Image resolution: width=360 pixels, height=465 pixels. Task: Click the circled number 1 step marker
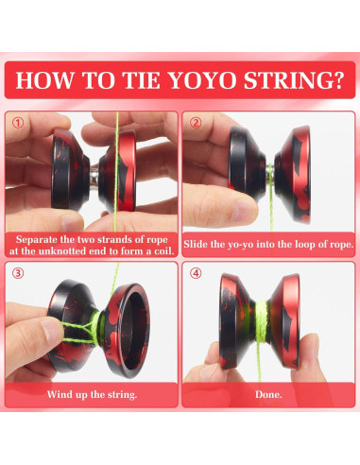click(20, 123)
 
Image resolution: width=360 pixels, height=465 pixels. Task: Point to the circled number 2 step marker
click(196, 123)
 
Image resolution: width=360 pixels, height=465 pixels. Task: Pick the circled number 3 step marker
click(20, 273)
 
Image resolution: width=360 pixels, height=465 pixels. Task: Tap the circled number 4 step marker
click(196, 273)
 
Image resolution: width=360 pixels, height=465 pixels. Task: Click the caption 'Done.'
click(269, 392)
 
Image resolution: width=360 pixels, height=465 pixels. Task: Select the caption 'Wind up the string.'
click(91, 392)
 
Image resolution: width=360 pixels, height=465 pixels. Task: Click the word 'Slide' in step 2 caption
click(205, 245)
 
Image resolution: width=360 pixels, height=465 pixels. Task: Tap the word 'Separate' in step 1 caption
click(42, 238)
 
